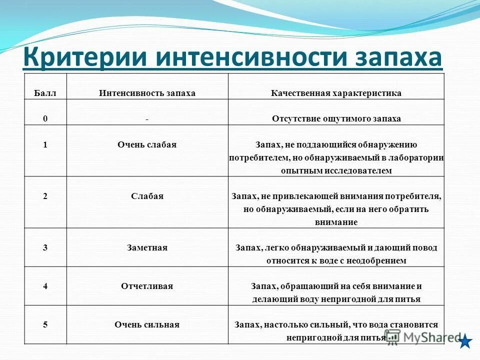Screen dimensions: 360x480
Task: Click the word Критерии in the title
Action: coord(84,57)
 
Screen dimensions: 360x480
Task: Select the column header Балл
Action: coord(45,93)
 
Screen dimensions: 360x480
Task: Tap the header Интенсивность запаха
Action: coord(147,93)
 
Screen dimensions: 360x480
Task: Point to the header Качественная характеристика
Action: coord(336,93)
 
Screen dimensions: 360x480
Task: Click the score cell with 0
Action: coord(45,119)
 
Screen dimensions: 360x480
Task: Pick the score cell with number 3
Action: coord(45,247)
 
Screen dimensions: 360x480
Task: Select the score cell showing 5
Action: coord(45,324)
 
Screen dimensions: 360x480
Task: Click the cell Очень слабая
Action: coord(147,144)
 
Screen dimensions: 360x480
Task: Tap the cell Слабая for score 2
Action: coord(147,196)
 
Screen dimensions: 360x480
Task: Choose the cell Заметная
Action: coord(147,247)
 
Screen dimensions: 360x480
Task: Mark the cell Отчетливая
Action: coord(147,286)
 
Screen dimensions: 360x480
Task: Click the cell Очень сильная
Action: coord(147,324)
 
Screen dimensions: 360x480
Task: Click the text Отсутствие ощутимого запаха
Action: coord(336,119)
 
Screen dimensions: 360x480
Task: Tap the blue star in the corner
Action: coord(465,342)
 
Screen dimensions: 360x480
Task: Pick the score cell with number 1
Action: coord(45,144)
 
